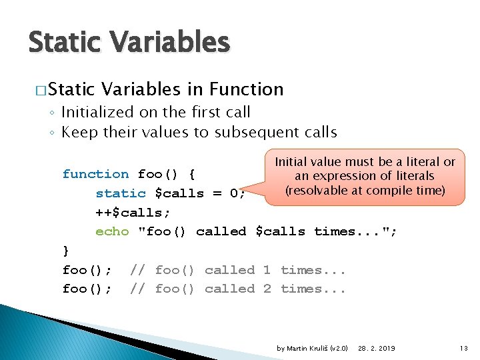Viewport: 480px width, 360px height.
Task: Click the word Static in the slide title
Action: pyautogui.click(x=63, y=42)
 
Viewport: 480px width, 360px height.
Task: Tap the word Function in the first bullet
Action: pyautogui.click(x=246, y=89)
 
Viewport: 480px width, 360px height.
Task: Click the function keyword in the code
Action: pyautogui.click(x=95, y=174)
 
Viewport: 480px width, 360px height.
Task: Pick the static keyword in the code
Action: pyautogui.click(x=120, y=193)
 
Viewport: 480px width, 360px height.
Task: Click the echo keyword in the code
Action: pyautogui.click(x=112, y=231)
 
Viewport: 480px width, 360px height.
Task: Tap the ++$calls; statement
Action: pyautogui.click(x=133, y=213)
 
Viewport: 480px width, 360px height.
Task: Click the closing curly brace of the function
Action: pyautogui.click(x=65, y=251)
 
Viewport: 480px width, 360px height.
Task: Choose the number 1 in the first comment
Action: pyautogui.click(x=267, y=270)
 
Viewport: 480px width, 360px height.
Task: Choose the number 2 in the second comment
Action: pyautogui.click(x=267, y=289)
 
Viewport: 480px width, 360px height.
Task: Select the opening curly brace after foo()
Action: pyautogui.click(x=191, y=175)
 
